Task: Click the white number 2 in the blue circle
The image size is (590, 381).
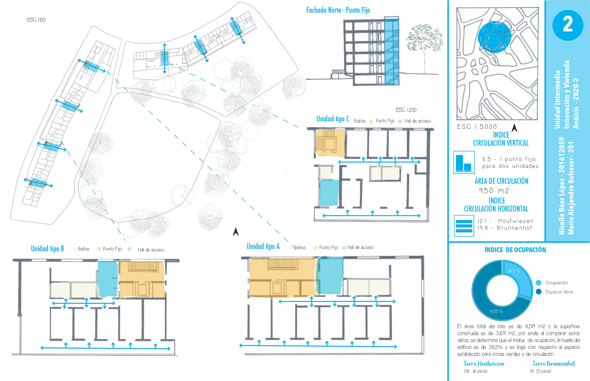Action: point(568,25)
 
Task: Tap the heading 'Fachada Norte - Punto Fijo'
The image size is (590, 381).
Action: point(338,10)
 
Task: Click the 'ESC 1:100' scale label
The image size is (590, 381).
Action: point(36,20)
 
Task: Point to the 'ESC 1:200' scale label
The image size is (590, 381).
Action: point(406,110)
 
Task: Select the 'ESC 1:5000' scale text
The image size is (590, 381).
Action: point(477,127)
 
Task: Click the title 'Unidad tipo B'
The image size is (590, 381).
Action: point(47,248)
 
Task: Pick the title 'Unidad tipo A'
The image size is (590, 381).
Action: point(263,246)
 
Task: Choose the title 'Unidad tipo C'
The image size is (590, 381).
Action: point(333,119)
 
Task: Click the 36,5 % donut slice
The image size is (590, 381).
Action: point(519,278)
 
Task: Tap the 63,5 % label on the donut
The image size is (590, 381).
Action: point(496,311)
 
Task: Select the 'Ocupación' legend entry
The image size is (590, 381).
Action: point(557,283)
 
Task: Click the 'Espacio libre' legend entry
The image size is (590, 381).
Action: point(559,292)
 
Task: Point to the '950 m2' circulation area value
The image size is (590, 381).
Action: point(494,191)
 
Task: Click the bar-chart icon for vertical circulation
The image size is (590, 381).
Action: point(464,162)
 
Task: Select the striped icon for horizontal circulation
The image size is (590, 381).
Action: point(464,226)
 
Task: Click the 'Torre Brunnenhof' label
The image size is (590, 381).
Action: point(553,364)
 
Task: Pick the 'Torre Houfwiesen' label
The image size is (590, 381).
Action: point(484,364)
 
